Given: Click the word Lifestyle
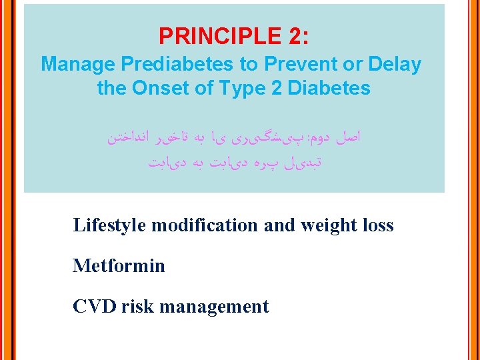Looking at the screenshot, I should coord(109,225).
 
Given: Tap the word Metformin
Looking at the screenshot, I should coord(119,266).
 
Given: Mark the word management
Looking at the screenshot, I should coord(214,307).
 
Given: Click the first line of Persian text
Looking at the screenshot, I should coord(234,138).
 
